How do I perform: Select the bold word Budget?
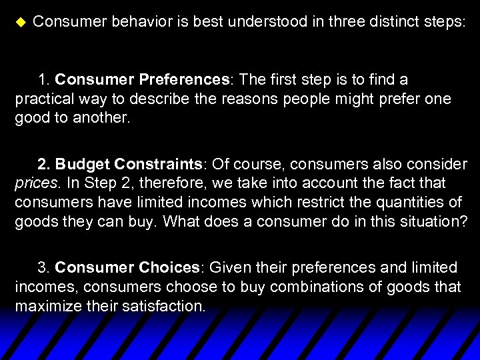pos(83,165)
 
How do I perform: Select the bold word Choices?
pos(169,268)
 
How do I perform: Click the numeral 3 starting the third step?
pos(42,268)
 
